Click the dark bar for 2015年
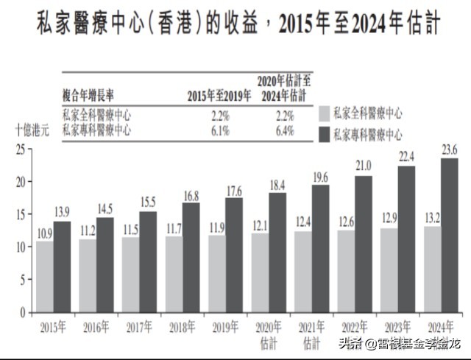(x=62, y=267)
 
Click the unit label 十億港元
(x=32, y=130)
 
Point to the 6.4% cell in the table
(x=285, y=131)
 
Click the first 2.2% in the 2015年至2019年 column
(x=220, y=116)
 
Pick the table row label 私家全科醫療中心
(x=97, y=116)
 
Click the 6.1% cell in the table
(x=220, y=131)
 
